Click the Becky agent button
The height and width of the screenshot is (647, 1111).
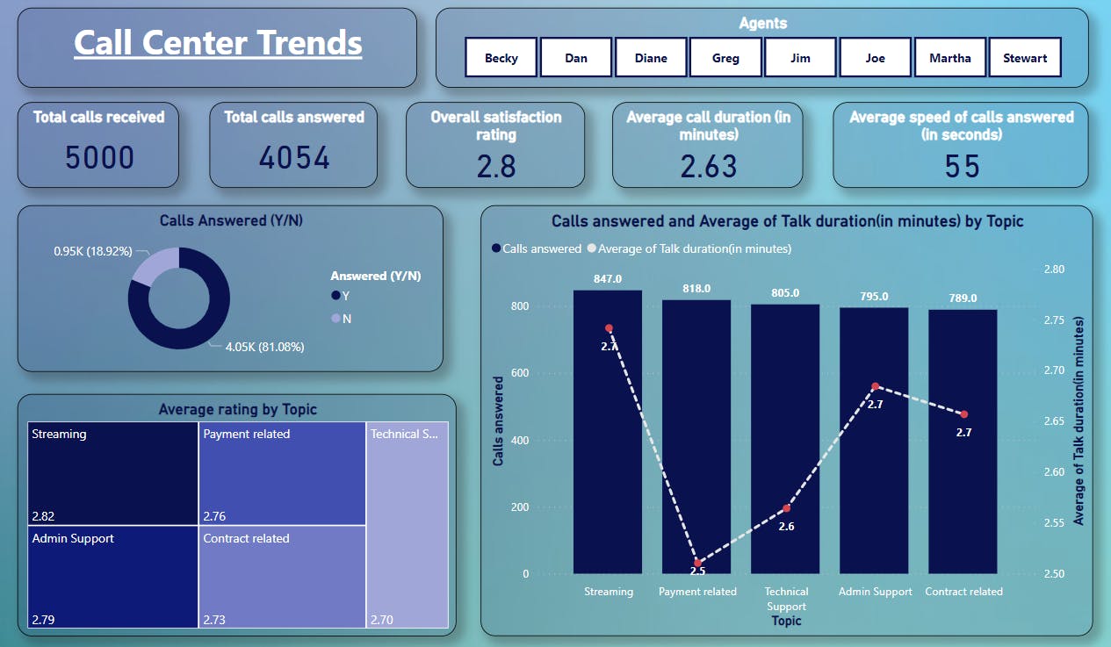501,58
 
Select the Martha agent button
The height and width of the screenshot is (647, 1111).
950,58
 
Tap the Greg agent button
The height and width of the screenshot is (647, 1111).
725,58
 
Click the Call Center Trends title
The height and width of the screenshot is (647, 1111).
218,42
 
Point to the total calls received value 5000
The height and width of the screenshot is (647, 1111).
99,158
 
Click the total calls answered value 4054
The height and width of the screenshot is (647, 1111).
294,158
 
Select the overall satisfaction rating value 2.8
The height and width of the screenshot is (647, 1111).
496,166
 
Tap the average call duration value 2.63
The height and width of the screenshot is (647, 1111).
708,166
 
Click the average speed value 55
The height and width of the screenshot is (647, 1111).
962,166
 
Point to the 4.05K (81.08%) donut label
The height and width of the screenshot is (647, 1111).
264,347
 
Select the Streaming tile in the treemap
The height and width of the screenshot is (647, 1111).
112,473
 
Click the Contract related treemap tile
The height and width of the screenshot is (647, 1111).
282,576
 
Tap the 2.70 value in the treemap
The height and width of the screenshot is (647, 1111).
382,620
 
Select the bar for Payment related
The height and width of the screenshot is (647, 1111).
696,439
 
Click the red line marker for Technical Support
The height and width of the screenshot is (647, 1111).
787,508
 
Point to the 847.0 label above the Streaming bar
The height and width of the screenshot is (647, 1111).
608,278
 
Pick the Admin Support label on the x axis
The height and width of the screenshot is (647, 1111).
875,592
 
